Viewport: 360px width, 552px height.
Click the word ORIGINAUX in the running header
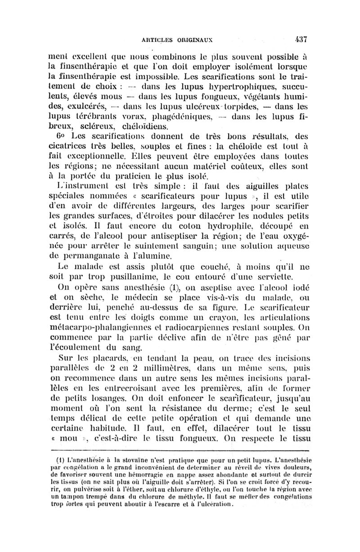point(198,39)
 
